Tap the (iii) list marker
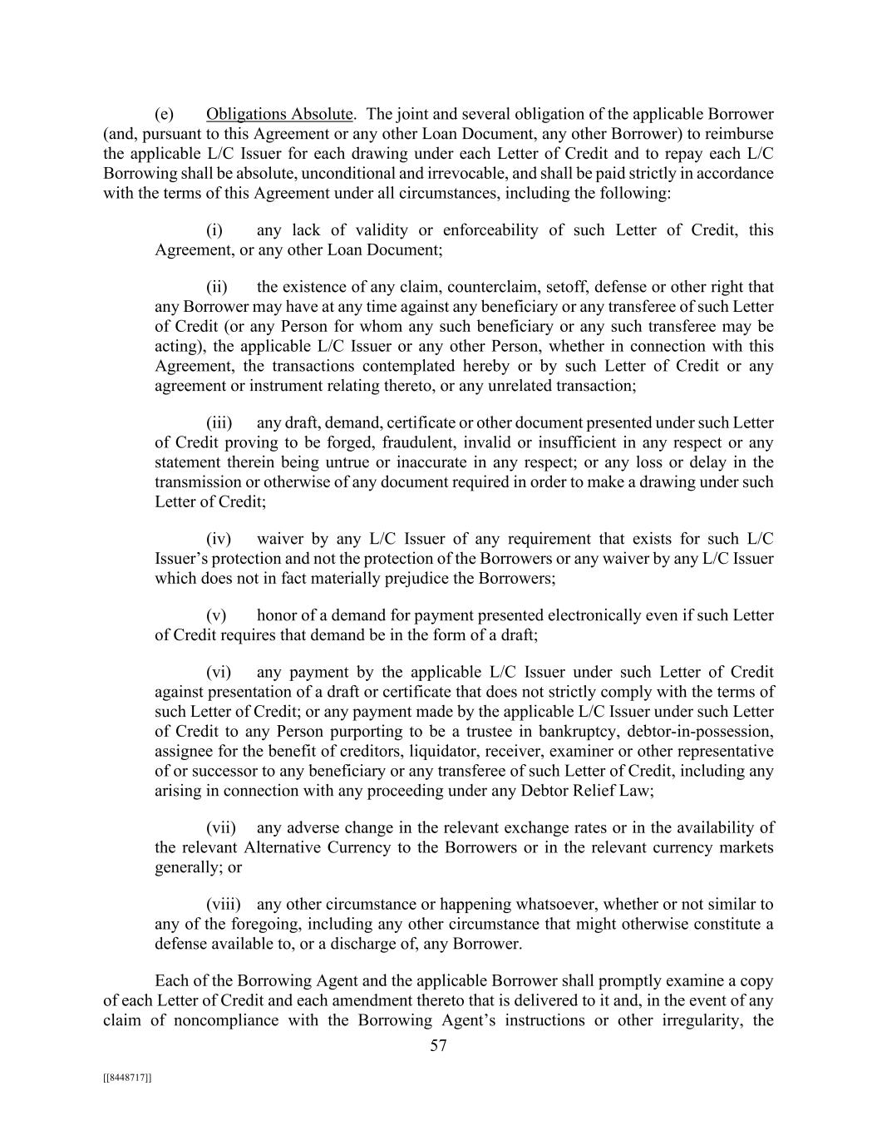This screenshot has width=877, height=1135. (x=219, y=423)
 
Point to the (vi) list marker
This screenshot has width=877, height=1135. (x=218, y=672)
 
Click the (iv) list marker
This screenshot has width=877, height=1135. (x=218, y=540)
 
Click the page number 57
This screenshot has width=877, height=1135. (x=438, y=1046)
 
